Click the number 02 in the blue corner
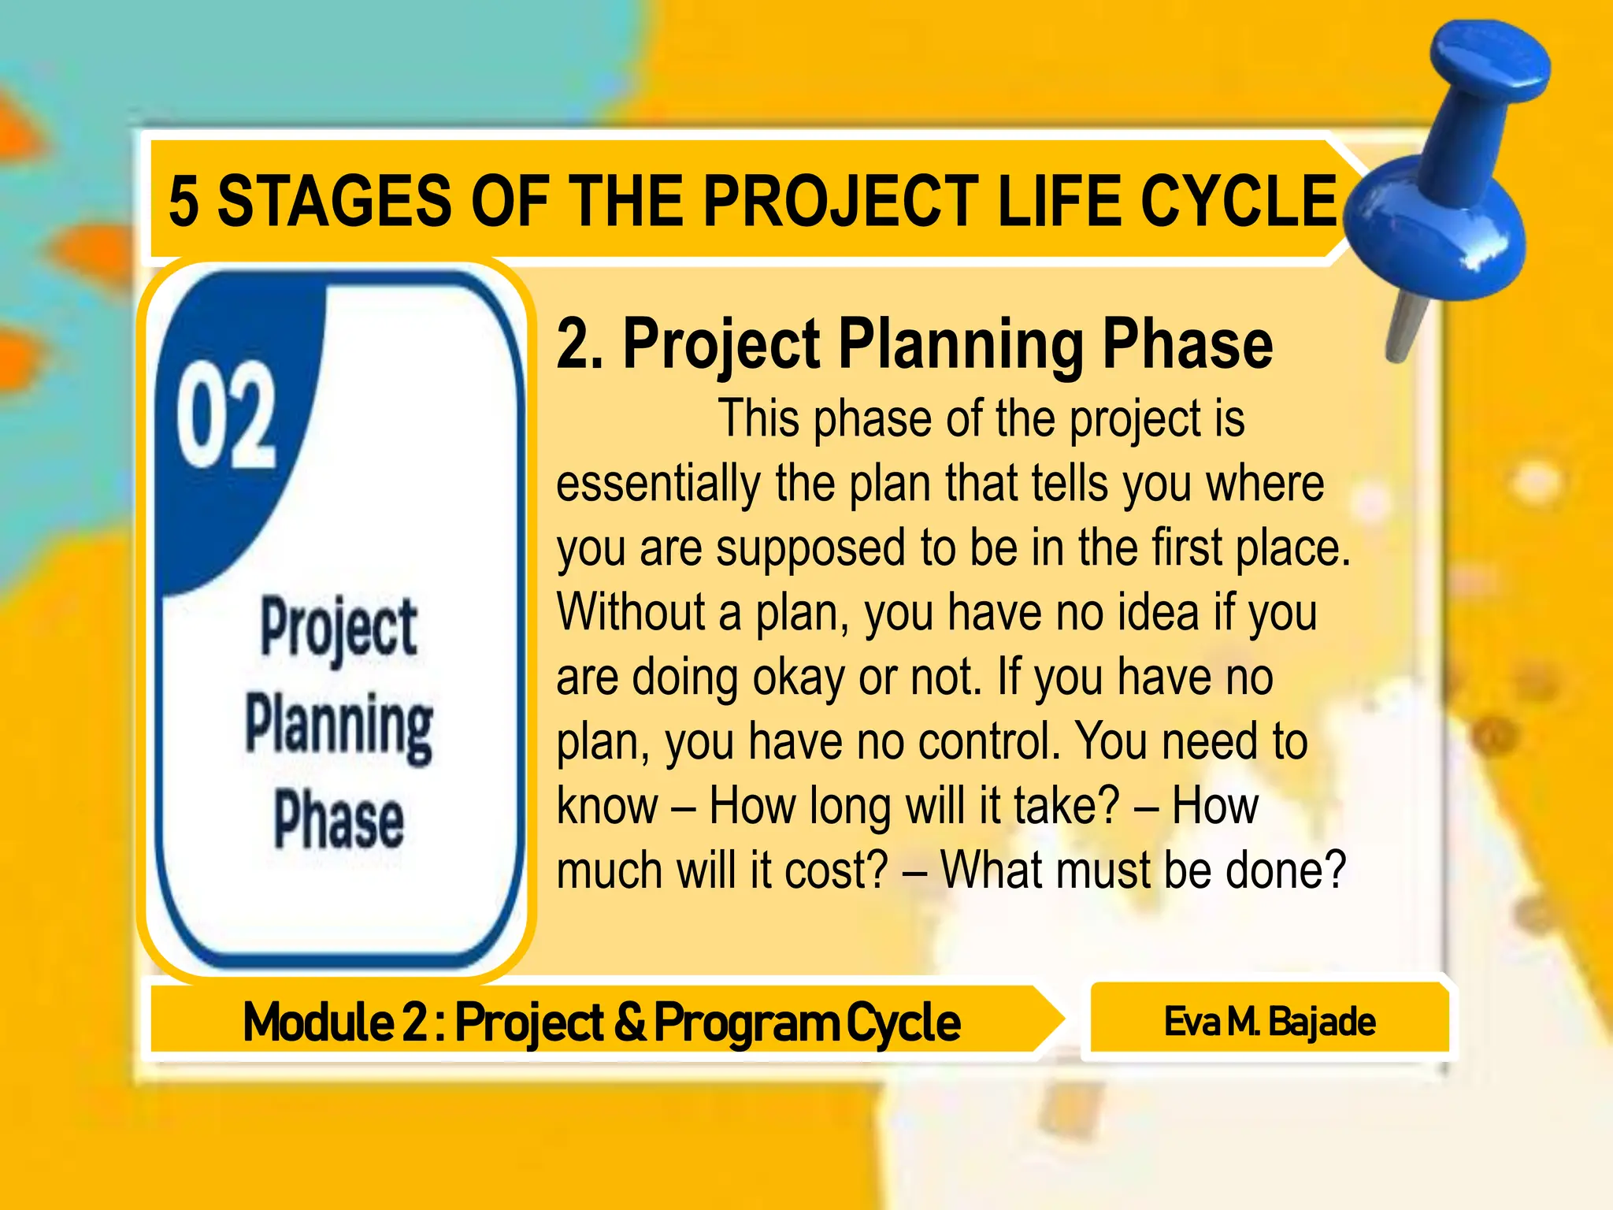tap(226, 415)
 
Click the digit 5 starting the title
tap(183, 202)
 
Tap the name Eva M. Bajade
tap(1270, 1022)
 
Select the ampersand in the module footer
tap(629, 1022)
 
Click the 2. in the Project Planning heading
tap(580, 344)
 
